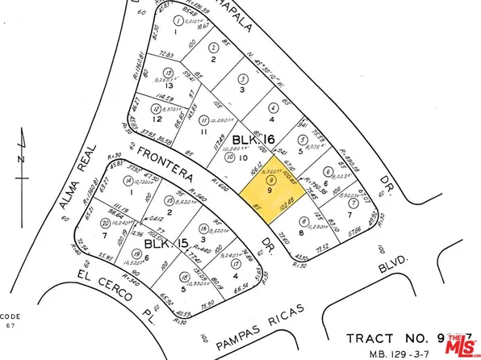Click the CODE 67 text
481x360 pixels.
pos(10,319)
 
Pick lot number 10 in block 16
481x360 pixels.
pos(242,158)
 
